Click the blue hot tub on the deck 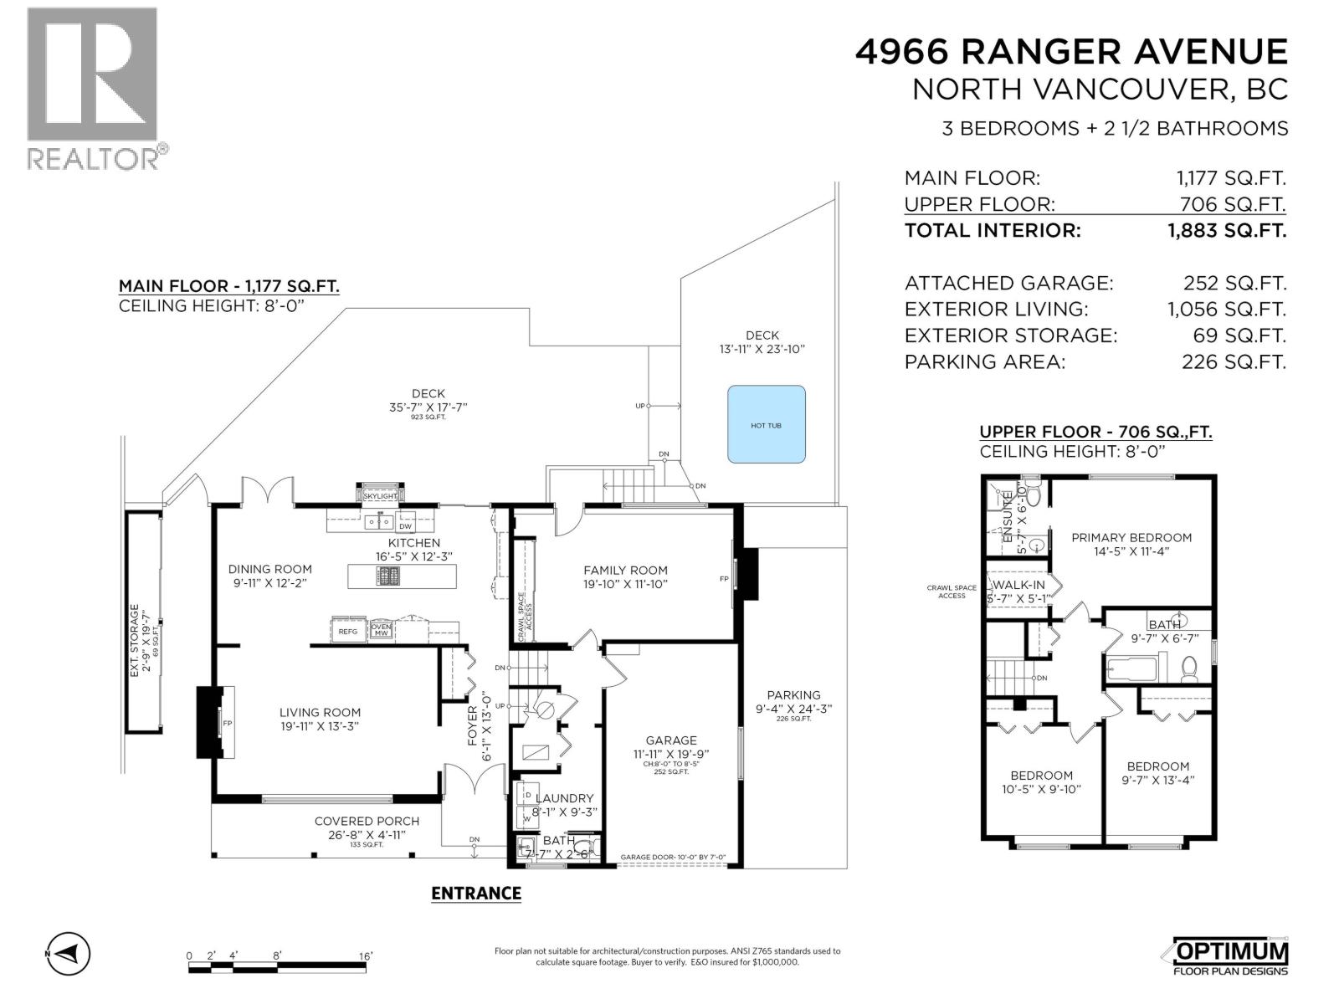click(x=766, y=424)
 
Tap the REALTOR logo click(x=94, y=88)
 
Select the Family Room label click(x=625, y=571)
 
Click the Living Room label click(x=320, y=713)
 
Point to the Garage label click(x=671, y=740)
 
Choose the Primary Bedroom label click(x=1131, y=538)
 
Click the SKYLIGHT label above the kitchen click(x=381, y=496)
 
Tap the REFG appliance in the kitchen click(x=348, y=632)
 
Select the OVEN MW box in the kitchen click(x=381, y=630)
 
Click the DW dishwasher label click(x=405, y=526)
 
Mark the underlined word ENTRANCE click(x=476, y=894)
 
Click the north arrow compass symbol click(x=69, y=953)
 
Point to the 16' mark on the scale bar click(x=366, y=955)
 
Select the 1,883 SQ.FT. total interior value click(x=1226, y=230)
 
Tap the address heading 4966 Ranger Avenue click(x=1070, y=52)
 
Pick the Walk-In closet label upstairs click(x=1018, y=586)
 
